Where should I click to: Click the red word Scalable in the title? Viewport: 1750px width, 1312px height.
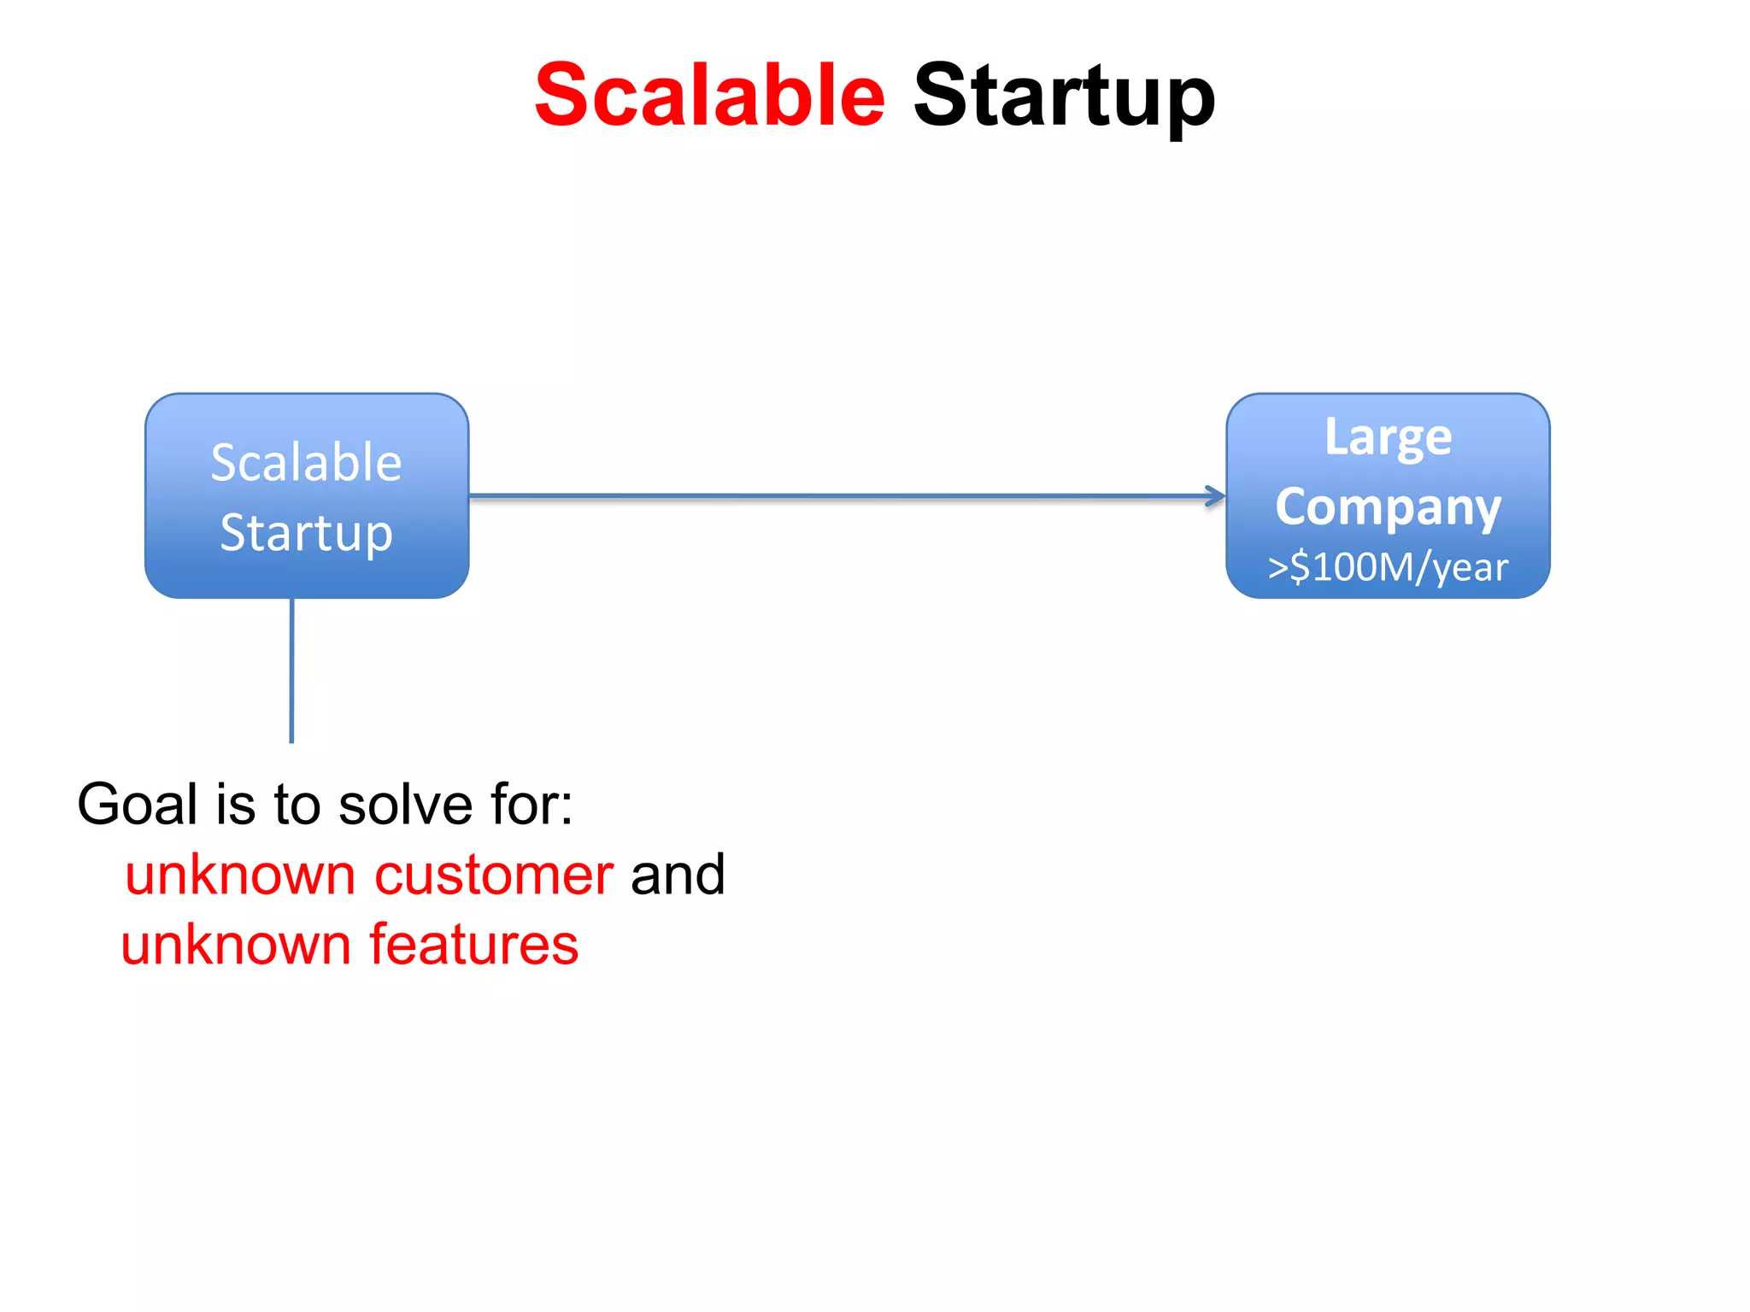pos(709,95)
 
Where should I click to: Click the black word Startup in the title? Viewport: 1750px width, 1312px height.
pos(1064,97)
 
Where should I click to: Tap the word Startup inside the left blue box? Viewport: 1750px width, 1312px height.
pos(306,532)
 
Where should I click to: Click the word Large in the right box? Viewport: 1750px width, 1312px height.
pos(1388,437)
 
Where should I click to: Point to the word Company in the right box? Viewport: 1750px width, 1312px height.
pos(1388,507)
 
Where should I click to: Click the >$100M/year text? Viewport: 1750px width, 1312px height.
pos(1388,567)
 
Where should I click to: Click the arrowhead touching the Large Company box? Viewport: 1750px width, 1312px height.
pos(1216,496)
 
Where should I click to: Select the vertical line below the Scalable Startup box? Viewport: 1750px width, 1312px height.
pos(292,671)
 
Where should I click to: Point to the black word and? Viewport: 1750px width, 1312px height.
pos(678,875)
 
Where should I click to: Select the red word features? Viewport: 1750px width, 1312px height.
pos(473,945)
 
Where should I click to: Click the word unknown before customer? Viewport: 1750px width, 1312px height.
pos(240,875)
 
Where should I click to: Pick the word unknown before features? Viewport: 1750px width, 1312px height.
pos(236,945)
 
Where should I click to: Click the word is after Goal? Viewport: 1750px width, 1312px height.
pos(235,804)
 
